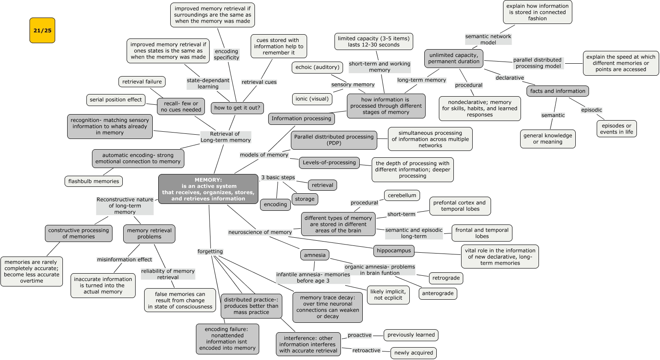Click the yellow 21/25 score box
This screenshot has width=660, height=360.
pos(42,30)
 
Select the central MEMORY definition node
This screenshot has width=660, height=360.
pos(208,189)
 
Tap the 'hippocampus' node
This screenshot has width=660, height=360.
pos(394,251)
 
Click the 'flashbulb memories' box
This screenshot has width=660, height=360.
pos(94,181)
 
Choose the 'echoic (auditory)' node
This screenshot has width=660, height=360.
pos(317,67)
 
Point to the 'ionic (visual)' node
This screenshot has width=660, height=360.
pos(312,99)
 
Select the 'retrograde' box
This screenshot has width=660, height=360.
pos(446,278)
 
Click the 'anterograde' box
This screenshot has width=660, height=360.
pos(438,293)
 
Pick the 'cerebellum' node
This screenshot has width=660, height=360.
pos(402,195)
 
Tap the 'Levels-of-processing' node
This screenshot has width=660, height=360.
pos(329,162)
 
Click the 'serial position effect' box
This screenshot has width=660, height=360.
pos(115,100)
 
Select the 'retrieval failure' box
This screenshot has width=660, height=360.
pos(142,82)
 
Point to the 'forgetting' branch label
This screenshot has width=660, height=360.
pos(210,251)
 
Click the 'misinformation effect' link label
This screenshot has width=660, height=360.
pos(124,260)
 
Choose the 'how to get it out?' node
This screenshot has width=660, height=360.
pos(237,108)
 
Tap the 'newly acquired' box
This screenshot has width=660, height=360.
pos(413,353)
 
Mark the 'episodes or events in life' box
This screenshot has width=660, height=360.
pos(616,129)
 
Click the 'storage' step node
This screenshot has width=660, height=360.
pos(305,199)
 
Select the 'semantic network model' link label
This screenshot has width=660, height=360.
pos(488,39)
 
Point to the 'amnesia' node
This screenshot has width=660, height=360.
pos(315,255)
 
